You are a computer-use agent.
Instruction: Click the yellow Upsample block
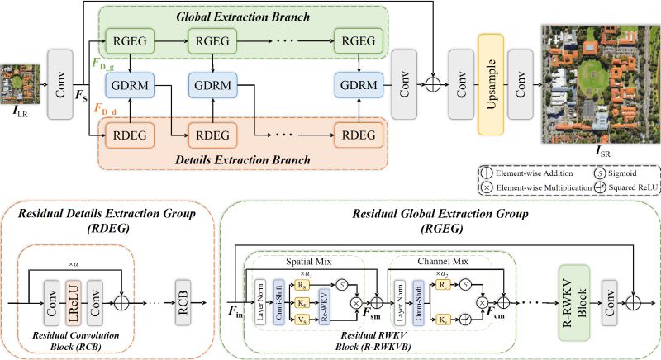[x=491, y=84]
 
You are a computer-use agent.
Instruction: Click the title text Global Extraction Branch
[x=243, y=16]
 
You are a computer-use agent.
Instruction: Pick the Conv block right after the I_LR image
[x=59, y=84]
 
